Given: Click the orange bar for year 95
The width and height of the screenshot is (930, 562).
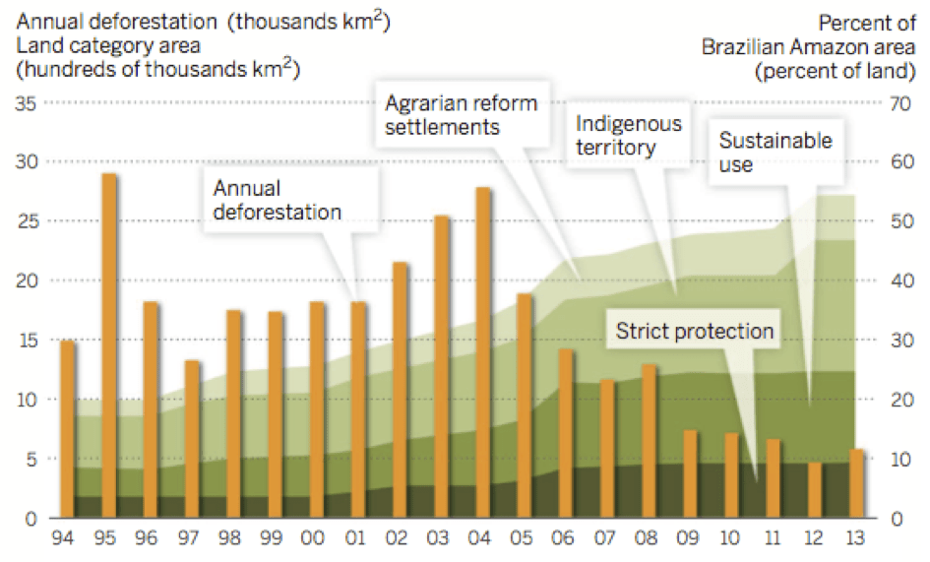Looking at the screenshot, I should tap(109, 344).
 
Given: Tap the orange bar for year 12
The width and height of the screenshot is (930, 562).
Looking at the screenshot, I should tap(815, 489).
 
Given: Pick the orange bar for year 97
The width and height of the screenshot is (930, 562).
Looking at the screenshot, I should tap(193, 438).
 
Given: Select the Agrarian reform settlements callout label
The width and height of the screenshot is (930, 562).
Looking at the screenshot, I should tap(461, 115).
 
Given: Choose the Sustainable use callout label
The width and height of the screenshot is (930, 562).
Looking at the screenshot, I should tap(775, 153).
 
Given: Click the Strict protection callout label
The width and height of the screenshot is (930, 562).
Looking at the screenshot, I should tap(695, 331).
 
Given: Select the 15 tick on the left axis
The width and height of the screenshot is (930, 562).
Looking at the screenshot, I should tap(27, 341).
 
